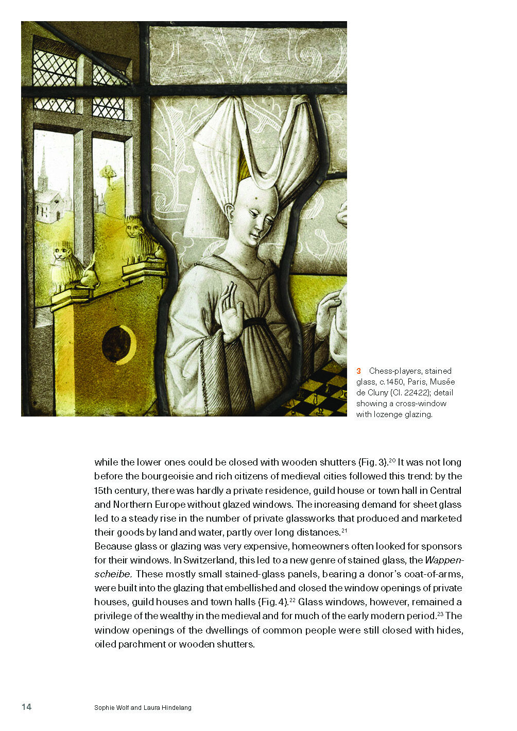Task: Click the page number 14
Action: tap(26, 707)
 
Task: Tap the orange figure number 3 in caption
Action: tap(359, 371)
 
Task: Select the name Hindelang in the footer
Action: tap(175, 708)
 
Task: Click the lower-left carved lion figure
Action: tap(64, 265)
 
